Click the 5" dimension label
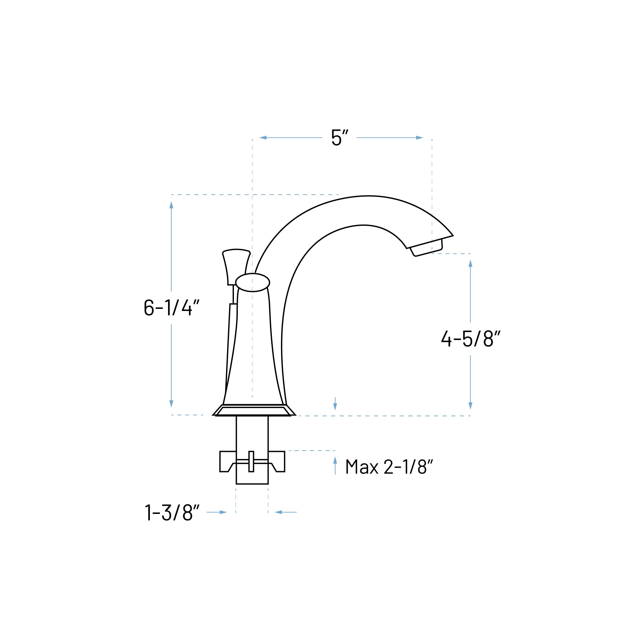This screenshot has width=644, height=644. tap(339, 138)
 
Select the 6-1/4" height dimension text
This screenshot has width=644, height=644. tap(171, 307)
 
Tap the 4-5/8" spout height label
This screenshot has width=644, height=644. tap(470, 339)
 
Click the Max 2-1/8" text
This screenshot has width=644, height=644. tap(389, 467)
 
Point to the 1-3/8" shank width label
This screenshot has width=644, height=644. tap(172, 512)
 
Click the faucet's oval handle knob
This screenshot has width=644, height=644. tap(253, 282)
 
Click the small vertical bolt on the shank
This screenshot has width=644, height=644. tap(251, 462)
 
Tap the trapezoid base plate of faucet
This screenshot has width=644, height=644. tap(253, 411)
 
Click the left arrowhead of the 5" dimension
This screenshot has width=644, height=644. tap(263, 138)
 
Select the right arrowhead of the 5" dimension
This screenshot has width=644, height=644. tap(419, 138)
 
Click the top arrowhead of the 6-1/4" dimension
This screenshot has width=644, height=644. tap(171, 205)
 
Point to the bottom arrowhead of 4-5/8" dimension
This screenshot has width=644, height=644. tap(470, 406)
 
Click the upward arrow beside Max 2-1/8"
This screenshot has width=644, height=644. tap(335, 460)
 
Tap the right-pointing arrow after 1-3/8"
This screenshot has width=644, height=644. tap(223, 512)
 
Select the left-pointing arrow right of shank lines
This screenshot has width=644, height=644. tap(279, 512)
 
